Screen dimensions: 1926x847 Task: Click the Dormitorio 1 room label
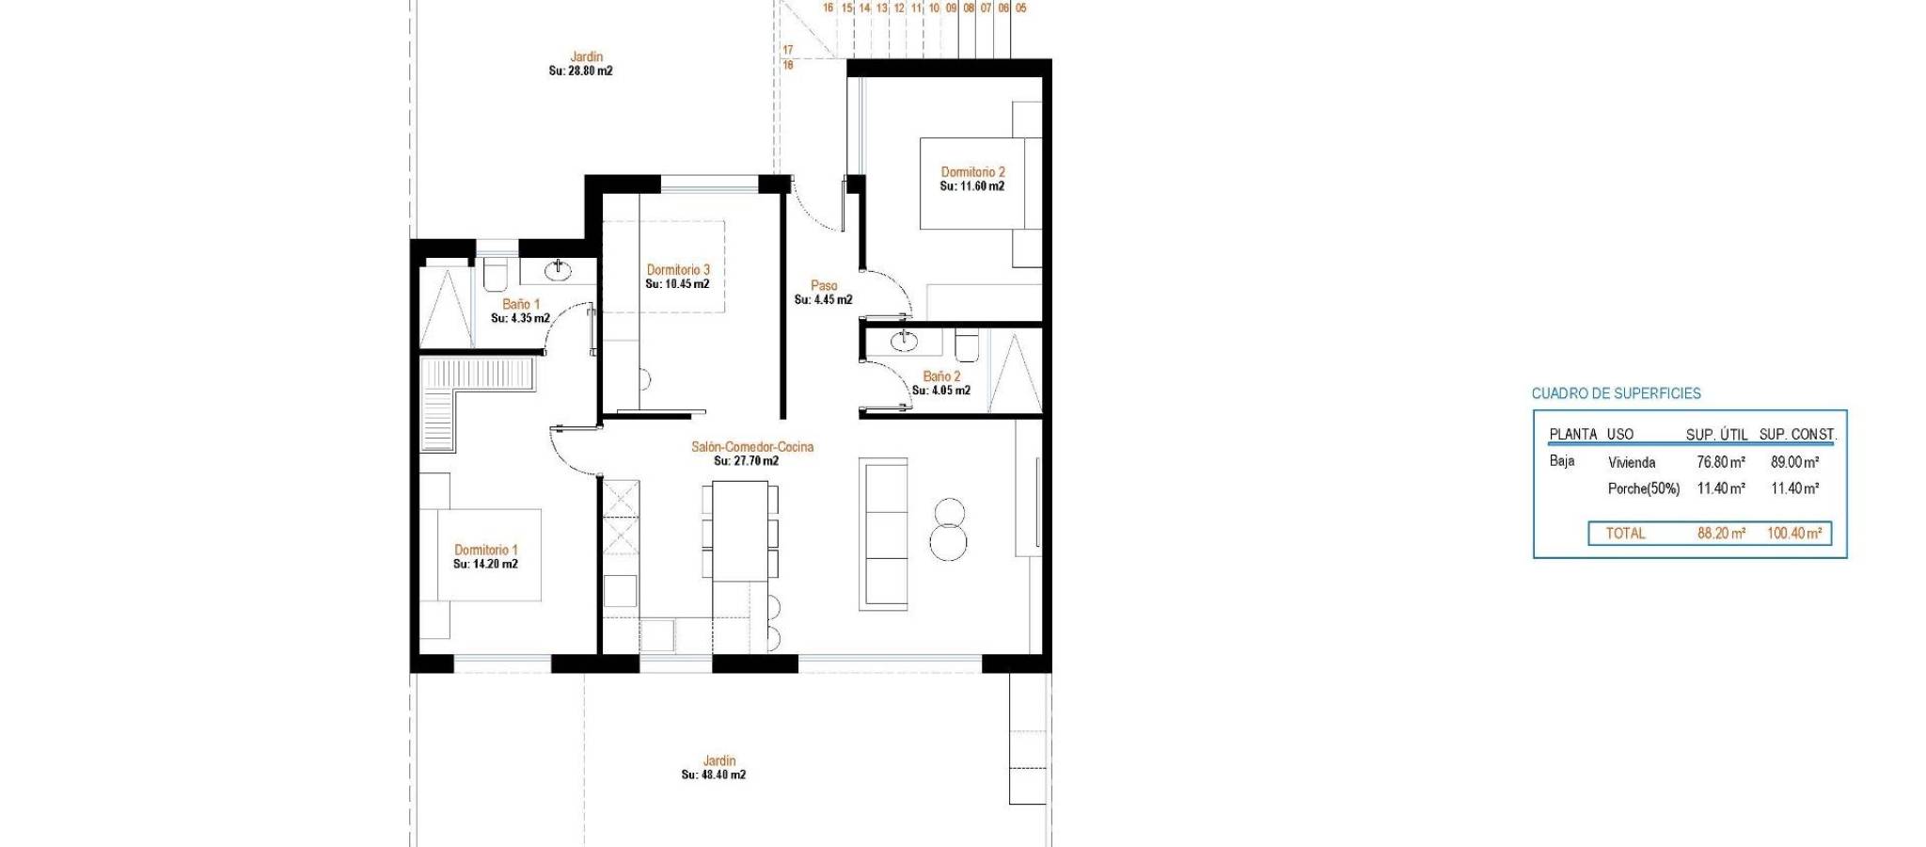tap(486, 550)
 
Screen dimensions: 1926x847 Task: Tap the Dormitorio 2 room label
tap(973, 172)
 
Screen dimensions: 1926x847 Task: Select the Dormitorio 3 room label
tap(678, 270)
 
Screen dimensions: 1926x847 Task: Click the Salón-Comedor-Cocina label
tap(752, 447)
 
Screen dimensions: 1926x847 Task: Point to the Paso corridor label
tap(824, 285)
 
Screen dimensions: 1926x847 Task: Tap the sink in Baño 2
tap(904, 340)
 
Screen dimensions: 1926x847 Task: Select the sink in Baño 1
tap(558, 271)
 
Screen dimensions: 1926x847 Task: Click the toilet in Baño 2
tap(967, 345)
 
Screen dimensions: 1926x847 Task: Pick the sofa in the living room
tap(883, 534)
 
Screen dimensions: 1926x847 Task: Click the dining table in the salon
tap(740, 531)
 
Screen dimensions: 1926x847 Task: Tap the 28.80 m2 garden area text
tap(581, 71)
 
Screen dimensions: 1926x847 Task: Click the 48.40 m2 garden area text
tap(714, 775)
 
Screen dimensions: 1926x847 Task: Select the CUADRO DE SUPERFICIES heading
tap(1617, 393)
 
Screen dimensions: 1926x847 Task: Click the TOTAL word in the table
tap(1625, 534)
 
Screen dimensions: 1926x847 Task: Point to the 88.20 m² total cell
tap(1722, 534)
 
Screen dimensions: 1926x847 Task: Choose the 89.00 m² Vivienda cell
tap(1795, 462)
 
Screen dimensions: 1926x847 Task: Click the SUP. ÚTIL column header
tap(1717, 434)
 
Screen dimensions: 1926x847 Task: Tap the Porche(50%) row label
tap(1644, 488)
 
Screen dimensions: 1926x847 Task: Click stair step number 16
tap(829, 8)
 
